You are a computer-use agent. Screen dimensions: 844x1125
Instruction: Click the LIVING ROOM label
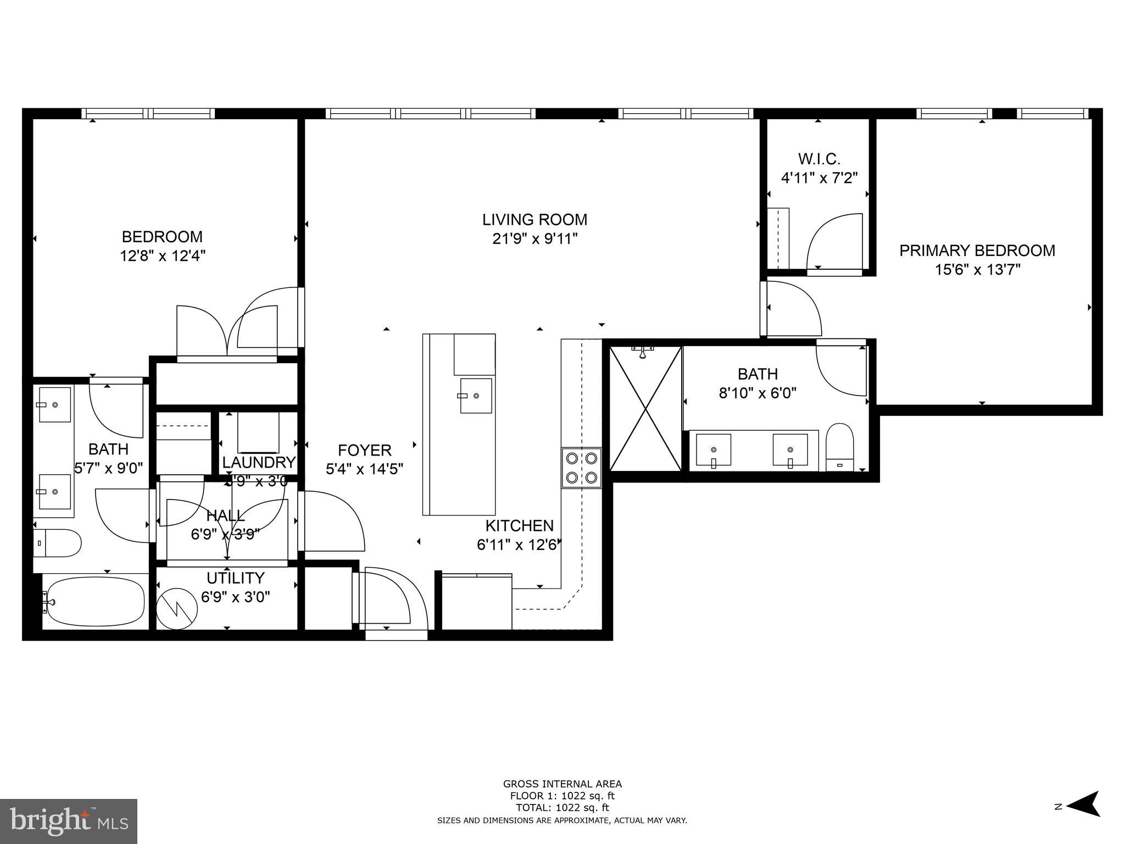point(534,220)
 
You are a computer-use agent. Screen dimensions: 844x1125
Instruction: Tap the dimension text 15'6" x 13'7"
point(977,270)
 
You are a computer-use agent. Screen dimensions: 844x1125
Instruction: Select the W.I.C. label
point(819,159)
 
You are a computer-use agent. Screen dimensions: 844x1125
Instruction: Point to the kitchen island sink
point(476,396)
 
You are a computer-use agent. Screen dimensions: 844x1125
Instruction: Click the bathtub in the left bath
point(96,601)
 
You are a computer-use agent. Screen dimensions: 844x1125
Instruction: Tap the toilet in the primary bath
point(840,447)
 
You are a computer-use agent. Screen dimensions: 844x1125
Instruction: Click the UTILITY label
point(236,578)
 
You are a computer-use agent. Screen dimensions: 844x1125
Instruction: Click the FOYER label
point(364,451)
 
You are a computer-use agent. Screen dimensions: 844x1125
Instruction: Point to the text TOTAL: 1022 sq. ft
point(562,808)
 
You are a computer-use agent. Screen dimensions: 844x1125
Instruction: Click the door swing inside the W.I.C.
point(832,242)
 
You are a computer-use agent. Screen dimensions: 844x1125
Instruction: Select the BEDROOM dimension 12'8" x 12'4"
point(163,256)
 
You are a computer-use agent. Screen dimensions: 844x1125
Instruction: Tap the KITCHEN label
point(519,526)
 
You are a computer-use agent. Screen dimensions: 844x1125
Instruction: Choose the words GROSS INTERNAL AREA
point(562,784)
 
